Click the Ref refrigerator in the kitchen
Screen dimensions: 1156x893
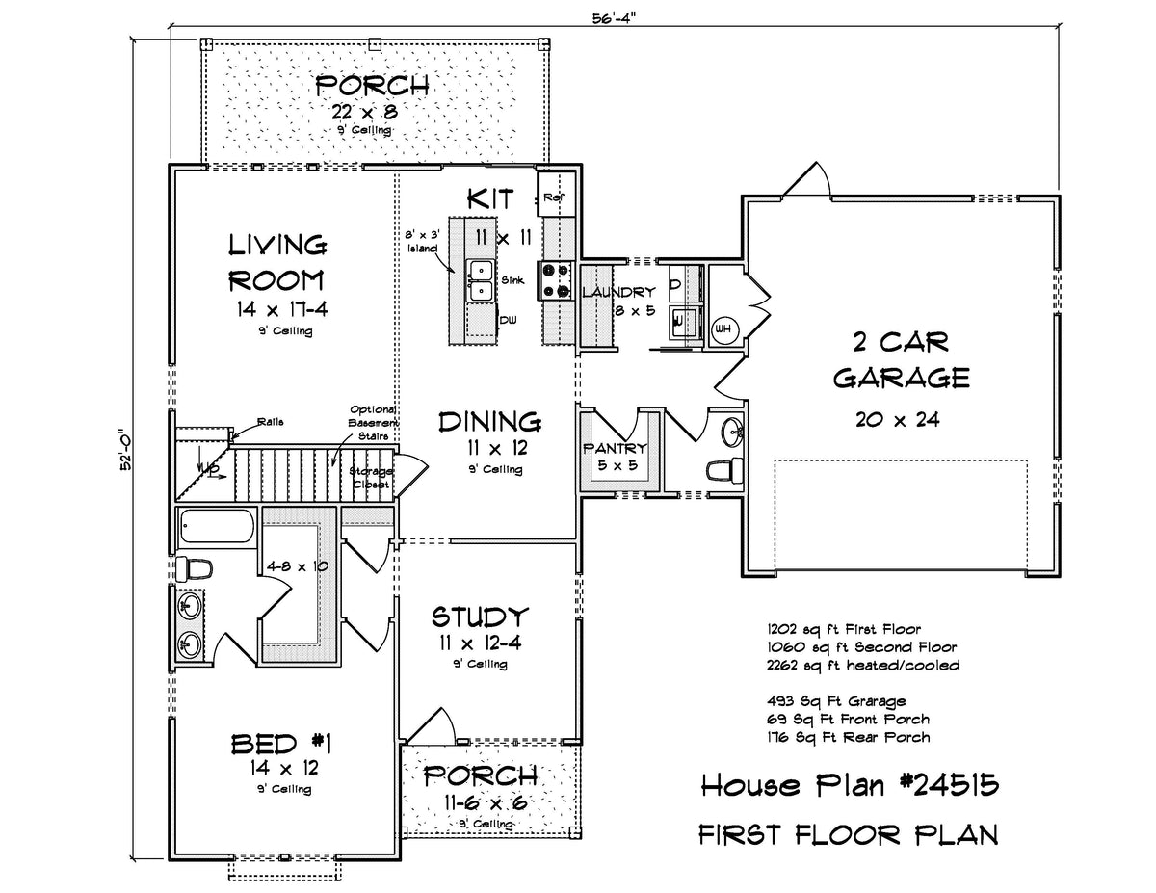(556, 194)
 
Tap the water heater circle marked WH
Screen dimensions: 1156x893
(722, 329)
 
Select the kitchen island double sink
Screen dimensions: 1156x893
(481, 281)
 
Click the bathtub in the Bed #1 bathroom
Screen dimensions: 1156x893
(217, 526)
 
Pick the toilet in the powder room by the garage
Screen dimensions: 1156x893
(724, 470)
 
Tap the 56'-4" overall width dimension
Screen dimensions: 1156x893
(615, 18)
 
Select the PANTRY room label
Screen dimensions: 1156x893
(615, 448)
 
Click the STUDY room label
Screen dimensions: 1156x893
(480, 617)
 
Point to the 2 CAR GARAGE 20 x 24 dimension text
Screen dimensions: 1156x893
(898, 420)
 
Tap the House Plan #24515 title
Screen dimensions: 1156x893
(850, 785)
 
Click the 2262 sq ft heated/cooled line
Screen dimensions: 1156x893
(863, 665)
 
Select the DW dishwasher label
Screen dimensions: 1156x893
(508, 320)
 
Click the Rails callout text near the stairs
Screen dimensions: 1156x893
(271, 422)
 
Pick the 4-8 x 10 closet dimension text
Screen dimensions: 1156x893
(298, 566)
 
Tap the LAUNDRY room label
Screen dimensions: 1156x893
(618, 292)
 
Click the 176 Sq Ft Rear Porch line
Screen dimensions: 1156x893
(848, 737)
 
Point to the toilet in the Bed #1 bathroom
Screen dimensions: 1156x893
(195, 568)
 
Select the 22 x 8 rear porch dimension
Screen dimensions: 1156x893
(365, 111)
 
